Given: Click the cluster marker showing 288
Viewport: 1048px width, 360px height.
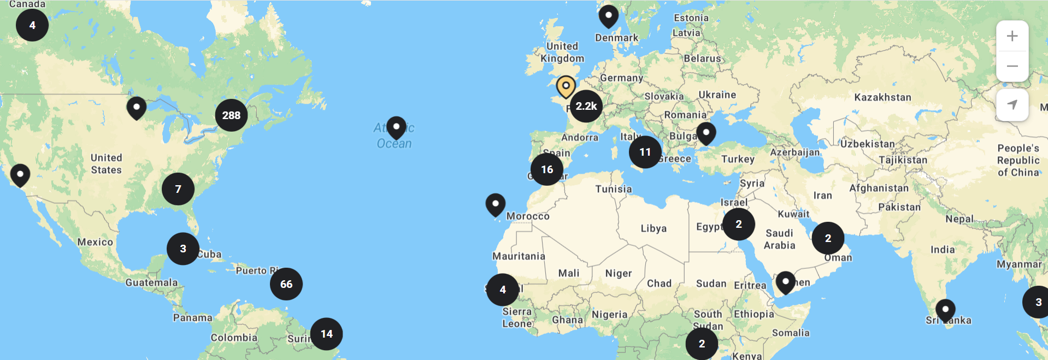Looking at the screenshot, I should [x=231, y=115].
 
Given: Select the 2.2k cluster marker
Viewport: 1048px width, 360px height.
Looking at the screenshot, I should [x=586, y=106].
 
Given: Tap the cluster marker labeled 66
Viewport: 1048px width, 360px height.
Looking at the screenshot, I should [x=286, y=284].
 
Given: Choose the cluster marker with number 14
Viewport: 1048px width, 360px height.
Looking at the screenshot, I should [x=327, y=334].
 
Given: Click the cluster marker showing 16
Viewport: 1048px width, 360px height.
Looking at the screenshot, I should [x=547, y=169].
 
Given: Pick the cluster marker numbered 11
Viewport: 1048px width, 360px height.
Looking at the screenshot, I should [x=645, y=152].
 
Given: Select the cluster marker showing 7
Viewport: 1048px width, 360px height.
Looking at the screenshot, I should [x=178, y=189].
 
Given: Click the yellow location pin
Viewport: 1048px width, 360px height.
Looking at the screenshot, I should [x=566, y=86].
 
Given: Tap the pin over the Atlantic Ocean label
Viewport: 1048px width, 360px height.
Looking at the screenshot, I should [x=396, y=127].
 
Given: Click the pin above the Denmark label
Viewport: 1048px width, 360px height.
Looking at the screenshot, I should [x=608, y=16].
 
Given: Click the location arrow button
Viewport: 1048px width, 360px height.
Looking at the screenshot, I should [x=1012, y=104].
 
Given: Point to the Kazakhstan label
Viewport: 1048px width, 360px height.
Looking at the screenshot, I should [x=882, y=97].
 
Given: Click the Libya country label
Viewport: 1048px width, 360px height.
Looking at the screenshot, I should [x=653, y=228].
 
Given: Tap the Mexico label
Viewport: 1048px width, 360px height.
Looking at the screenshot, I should [x=95, y=242].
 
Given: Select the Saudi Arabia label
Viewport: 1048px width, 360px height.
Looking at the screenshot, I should [x=779, y=239].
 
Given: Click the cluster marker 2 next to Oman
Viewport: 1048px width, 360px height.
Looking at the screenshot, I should [x=828, y=238].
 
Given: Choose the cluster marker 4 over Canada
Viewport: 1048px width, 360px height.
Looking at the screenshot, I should [x=32, y=25].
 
